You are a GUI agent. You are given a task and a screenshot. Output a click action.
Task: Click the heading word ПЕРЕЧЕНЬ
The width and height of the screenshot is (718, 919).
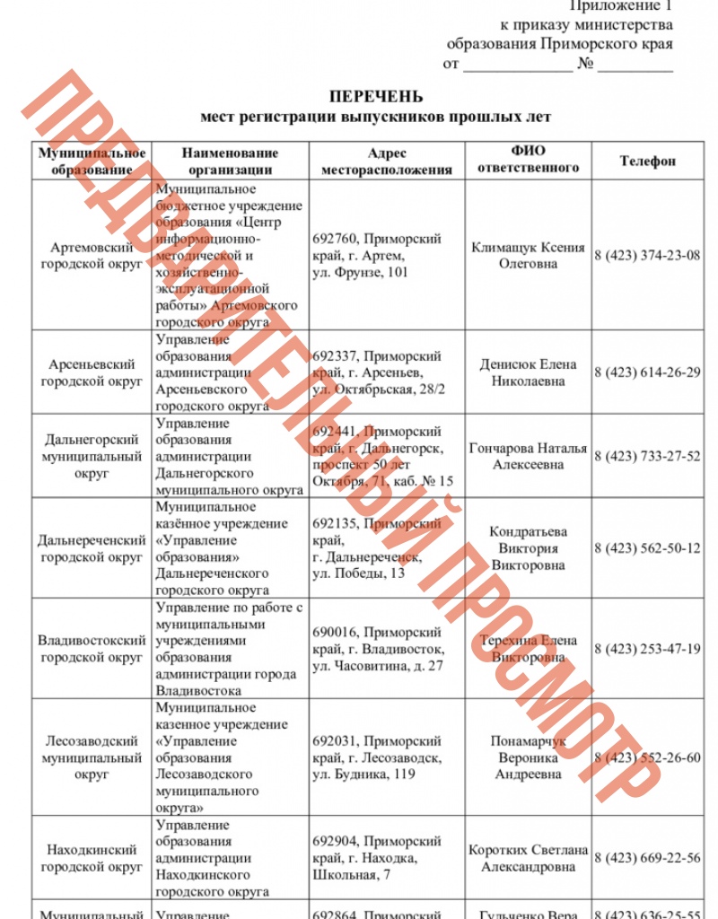tap(376, 97)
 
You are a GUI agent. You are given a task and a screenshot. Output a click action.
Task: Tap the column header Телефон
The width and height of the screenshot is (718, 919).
tap(648, 161)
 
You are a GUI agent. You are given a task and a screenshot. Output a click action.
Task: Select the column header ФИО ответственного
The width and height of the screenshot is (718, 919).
tap(528, 160)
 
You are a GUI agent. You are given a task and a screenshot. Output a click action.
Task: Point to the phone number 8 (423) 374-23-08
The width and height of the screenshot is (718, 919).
tap(647, 255)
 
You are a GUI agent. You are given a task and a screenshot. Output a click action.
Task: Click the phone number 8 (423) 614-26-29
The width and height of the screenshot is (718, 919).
tap(647, 372)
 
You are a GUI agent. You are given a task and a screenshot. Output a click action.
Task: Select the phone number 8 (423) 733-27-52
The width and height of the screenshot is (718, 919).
tap(647, 456)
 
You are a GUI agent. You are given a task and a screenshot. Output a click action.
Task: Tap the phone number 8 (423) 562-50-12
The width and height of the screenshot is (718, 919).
tap(647, 547)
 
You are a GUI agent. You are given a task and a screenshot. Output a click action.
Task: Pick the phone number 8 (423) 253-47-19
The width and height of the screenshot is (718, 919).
tap(647, 648)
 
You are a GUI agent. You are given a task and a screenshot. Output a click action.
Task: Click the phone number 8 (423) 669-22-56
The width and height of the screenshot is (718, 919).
tap(647, 858)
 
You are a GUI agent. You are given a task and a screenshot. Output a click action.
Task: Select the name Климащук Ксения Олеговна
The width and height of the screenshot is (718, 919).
tap(528, 255)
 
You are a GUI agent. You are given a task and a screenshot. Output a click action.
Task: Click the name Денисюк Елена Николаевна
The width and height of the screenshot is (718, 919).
tap(528, 372)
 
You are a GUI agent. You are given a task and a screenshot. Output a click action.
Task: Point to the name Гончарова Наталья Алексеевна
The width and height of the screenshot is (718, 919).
tap(528, 456)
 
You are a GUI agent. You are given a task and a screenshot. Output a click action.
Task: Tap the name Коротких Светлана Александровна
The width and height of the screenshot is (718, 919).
tap(528, 858)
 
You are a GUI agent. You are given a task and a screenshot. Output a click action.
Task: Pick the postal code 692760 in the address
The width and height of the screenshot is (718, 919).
tap(336, 239)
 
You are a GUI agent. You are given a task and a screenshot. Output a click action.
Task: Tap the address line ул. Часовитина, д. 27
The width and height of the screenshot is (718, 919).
tap(378, 665)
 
